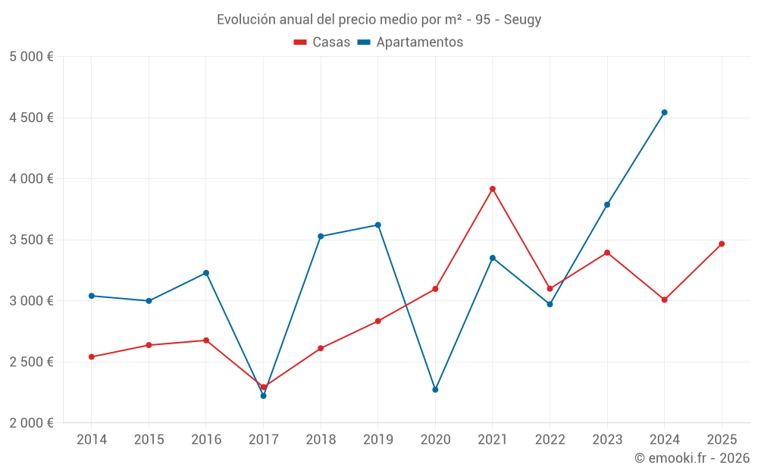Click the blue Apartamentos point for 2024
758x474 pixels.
coord(664,112)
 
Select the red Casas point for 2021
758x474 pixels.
coord(493,189)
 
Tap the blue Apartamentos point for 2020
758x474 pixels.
coord(435,390)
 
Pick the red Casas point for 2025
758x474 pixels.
coord(722,244)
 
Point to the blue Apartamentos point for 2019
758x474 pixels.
coord(378,225)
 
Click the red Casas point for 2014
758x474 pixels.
coord(92,357)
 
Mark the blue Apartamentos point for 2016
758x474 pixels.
coord(206,273)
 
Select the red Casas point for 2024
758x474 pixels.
coord(664,300)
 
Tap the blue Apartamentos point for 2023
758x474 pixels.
coord(607,205)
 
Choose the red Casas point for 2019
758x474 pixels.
coord(378,322)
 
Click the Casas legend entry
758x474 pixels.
coord(322,42)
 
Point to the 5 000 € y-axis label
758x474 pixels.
coord(31,57)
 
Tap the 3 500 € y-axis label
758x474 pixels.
coord(31,240)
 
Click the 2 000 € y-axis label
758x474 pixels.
coord(31,423)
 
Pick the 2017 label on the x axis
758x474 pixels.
coord(263,440)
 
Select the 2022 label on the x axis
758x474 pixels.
coord(550,440)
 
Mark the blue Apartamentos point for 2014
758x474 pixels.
coord(92,296)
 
